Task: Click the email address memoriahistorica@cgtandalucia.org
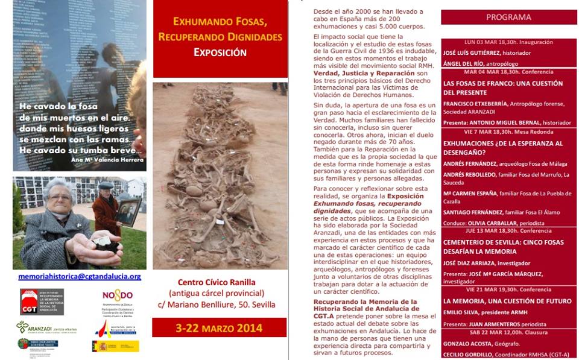tap(80, 277)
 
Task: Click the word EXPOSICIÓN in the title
tap(220, 52)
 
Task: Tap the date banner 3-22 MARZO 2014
tap(220, 328)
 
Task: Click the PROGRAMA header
tap(508, 17)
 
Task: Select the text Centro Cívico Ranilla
tap(217, 282)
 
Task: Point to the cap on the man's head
tap(106, 185)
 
